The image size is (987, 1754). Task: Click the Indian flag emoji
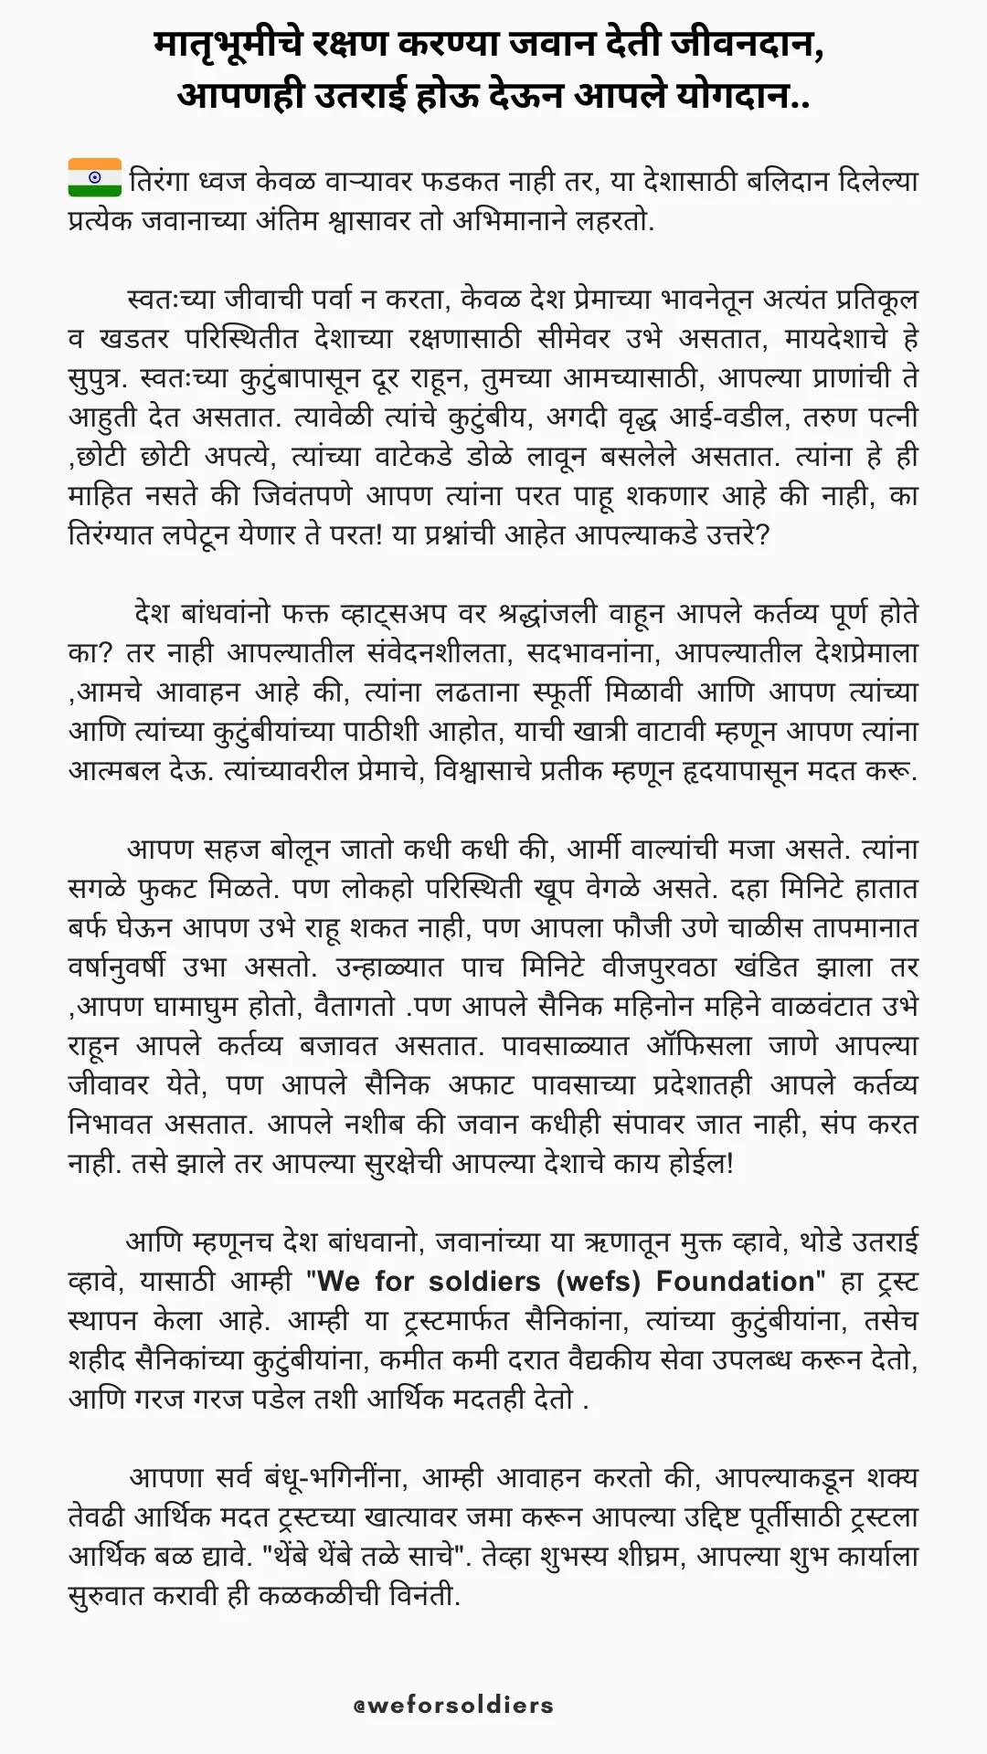point(94,178)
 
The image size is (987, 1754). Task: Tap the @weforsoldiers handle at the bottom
point(454,1705)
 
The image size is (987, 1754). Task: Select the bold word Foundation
point(736,1281)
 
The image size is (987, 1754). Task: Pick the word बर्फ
point(89,927)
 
